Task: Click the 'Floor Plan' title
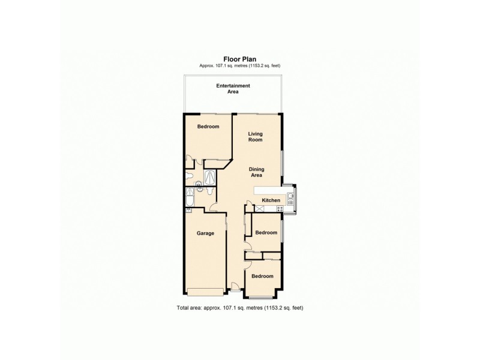tap(240, 59)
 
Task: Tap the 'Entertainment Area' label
tap(233, 89)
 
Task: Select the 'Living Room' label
tap(256, 136)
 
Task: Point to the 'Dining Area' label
tap(257, 172)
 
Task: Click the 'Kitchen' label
tap(271, 200)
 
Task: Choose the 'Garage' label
tap(206, 233)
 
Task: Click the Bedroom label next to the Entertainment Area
tap(208, 127)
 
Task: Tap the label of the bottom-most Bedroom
tap(262, 276)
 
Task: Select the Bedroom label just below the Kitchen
tap(266, 232)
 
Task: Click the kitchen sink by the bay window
tap(291, 196)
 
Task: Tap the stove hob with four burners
tap(279, 208)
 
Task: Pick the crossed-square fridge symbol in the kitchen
tap(260, 209)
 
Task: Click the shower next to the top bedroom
tap(211, 176)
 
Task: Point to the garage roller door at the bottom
tap(205, 293)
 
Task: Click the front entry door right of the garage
tap(236, 292)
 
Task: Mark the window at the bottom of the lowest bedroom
tap(262, 298)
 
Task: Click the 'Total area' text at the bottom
tap(240, 307)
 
